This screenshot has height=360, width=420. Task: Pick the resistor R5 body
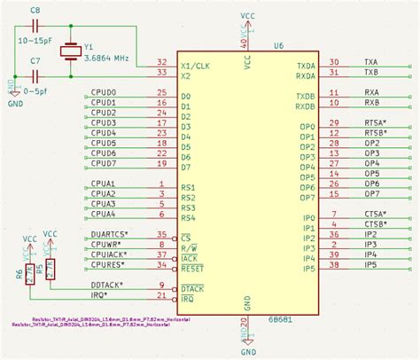[x=51, y=266]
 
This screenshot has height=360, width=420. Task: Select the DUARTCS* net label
[x=110, y=235]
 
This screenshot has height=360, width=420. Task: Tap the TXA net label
[x=371, y=62]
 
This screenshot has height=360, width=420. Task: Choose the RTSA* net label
[x=376, y=122]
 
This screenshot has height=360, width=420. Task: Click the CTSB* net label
[x=376, y=224]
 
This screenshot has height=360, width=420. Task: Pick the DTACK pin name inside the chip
[x=194, y=289]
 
